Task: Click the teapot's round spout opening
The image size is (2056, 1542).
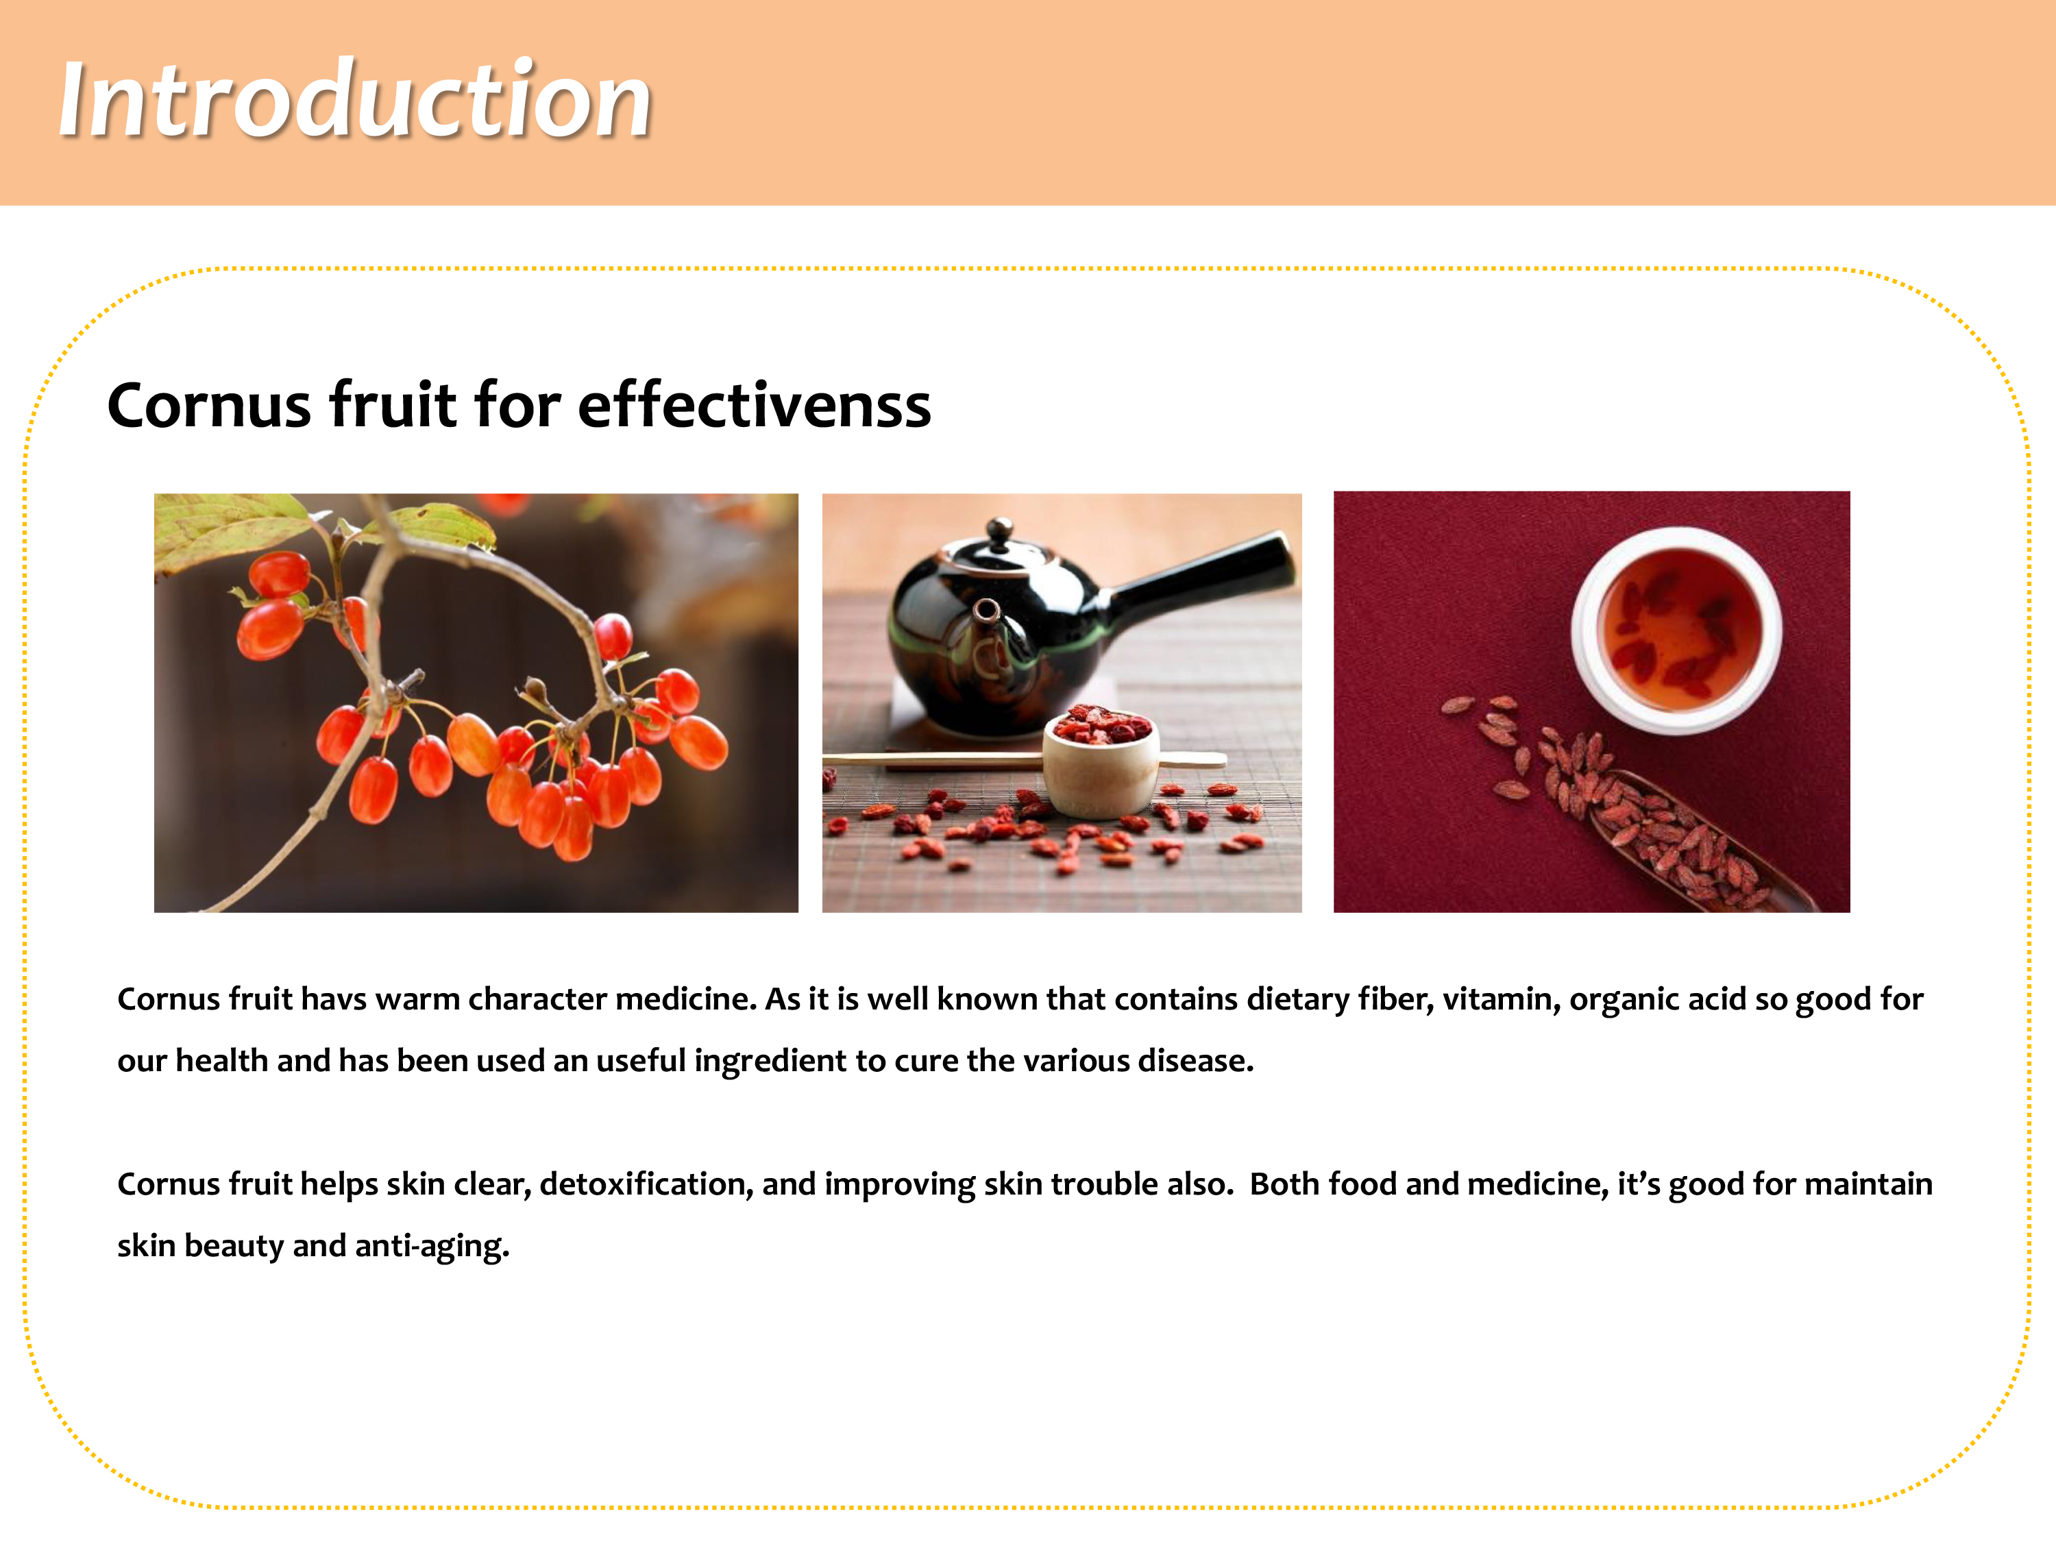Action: [x=986, y=611]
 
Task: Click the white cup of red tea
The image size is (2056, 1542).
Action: [x=1676, y=631]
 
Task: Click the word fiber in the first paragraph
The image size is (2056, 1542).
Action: [x=1396, y=999]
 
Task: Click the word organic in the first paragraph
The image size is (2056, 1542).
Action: [x=1624, y=1000]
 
